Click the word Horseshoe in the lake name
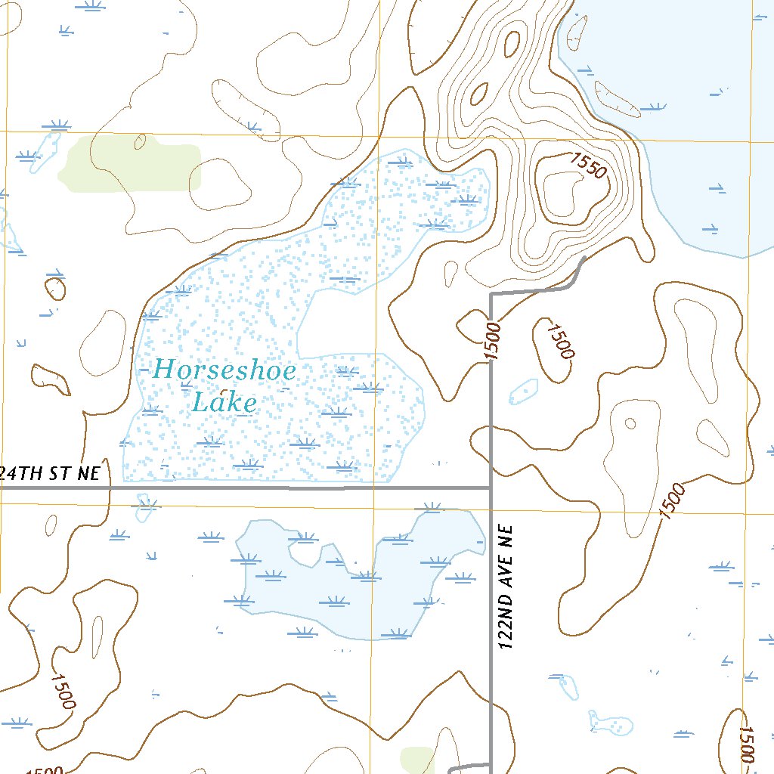click(224, 370)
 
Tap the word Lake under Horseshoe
click(224, 403)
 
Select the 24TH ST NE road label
click(50, 474)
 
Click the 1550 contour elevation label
click(588, 166)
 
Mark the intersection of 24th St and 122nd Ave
click(491, 488)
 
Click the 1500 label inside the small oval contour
click(560, 342)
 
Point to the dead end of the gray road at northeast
click(584, 259)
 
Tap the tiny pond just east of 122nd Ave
click(524, 392)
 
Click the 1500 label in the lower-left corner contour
click(63, 689)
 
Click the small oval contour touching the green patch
click(139, 141)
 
